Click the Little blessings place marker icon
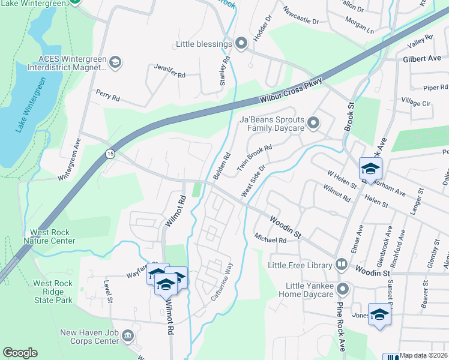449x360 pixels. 241,44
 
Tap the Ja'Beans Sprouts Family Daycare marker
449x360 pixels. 313,124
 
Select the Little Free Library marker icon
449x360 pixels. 342,265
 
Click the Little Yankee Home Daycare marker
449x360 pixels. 343,289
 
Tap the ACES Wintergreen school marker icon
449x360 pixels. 115,62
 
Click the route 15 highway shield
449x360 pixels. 109,154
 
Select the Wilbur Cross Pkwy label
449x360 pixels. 291,91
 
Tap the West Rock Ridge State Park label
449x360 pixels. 53,292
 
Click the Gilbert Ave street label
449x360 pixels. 422,59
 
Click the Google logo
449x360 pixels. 20,353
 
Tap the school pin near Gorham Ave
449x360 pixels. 370,169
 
